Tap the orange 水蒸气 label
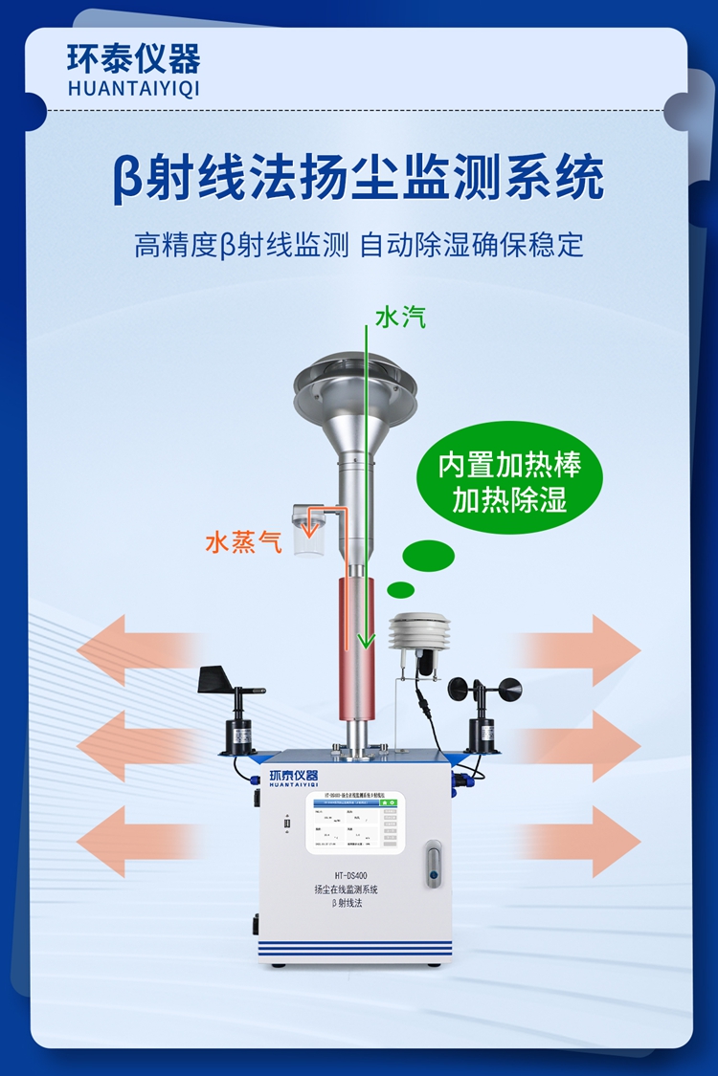[243, 543]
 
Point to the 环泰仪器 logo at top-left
[134, 59]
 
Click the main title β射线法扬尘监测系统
[359, 178]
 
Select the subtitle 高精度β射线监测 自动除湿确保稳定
[359, 246]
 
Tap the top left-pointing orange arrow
[129, 650]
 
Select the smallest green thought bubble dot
[400, 590]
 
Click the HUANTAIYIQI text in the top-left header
[134, 88]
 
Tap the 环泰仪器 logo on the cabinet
[294, 776]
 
